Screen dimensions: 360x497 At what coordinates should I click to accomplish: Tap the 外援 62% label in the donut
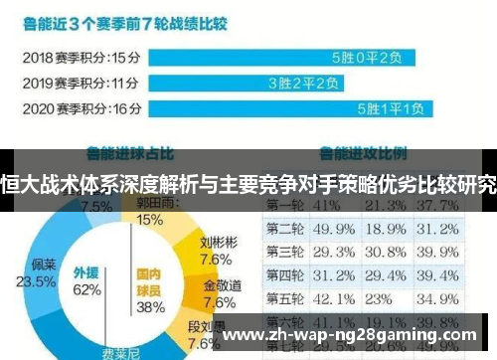(x=86, y=281)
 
